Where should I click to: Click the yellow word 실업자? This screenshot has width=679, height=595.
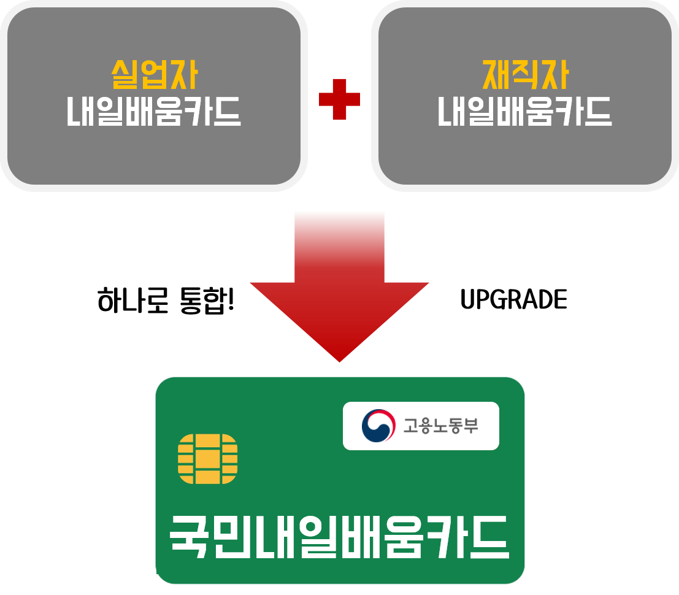[154, 76]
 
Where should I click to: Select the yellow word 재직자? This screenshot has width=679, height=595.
[525, 76]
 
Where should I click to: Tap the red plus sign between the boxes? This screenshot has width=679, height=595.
[339, 99]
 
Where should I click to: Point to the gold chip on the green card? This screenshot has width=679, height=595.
[207, 458]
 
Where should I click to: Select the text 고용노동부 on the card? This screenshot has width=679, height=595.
[440, 425]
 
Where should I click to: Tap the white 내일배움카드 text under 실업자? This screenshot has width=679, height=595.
[154, 112]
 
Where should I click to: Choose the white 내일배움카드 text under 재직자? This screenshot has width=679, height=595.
[525, 112]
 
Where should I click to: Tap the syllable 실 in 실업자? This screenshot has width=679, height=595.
[126, 76]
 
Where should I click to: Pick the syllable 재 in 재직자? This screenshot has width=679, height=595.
[497, 76]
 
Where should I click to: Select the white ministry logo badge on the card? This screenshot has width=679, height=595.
[421, 426]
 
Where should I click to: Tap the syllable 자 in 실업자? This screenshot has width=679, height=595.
[183, 76]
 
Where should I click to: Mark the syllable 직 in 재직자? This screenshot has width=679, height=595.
[526, 76]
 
